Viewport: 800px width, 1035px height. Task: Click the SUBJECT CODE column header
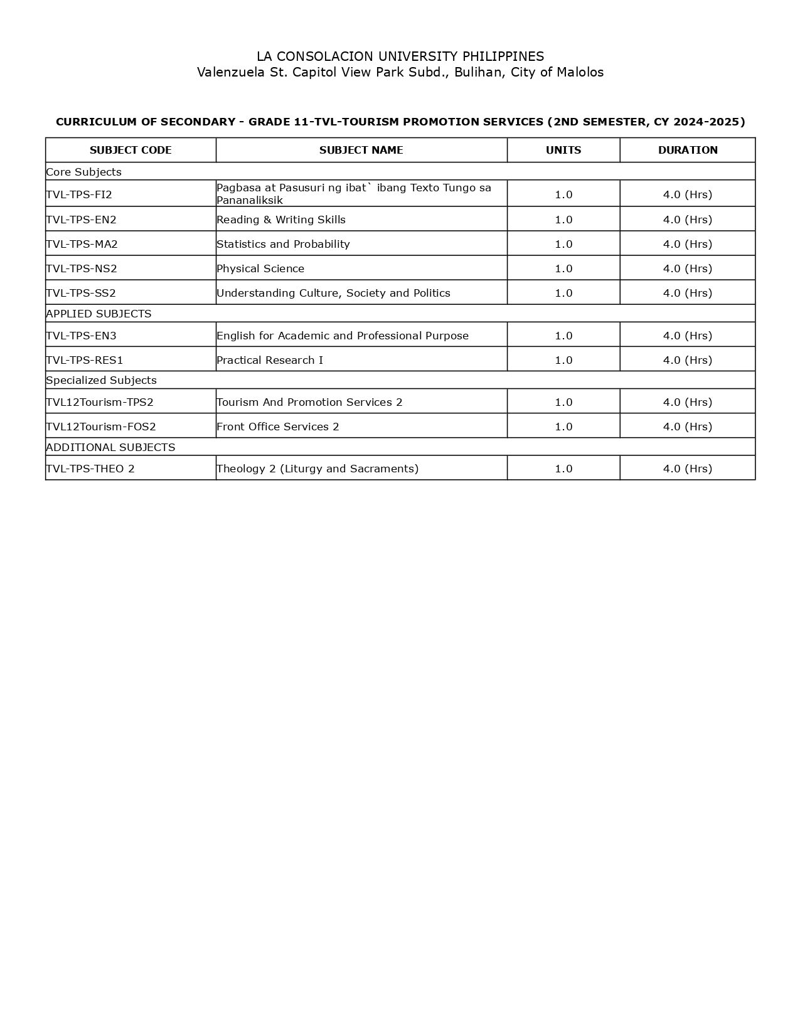coord(131,150)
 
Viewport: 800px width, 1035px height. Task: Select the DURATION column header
coord(688,150)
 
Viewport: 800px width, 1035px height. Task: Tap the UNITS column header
coord(563,150)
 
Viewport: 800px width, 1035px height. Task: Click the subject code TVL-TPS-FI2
coord(79,194)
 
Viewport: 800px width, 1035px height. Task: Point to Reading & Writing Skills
coord(281,220)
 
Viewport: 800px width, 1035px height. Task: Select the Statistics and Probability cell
coord(283,244)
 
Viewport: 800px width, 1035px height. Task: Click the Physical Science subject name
coord(260,268)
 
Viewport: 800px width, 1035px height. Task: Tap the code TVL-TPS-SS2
coord(81,293)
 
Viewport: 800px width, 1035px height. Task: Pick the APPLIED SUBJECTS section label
coord(99,314)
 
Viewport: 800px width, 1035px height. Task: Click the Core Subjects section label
coord(83,172)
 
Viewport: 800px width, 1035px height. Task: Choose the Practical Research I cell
coord(270,360)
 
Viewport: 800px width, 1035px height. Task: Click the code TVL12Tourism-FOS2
coord(101,427)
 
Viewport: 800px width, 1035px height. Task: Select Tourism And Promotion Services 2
coord(309,402)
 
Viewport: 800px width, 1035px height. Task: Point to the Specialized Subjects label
coord(101,380)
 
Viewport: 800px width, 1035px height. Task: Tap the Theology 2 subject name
coord(317,469)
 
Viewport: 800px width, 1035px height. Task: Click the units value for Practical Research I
coord(563,360)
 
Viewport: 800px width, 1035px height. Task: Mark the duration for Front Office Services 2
coord(688,427)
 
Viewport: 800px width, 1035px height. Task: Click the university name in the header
coord(400,56)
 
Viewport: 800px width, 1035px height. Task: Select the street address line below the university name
coord(400,72)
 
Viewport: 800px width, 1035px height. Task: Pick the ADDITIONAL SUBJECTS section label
coord(110,447)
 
